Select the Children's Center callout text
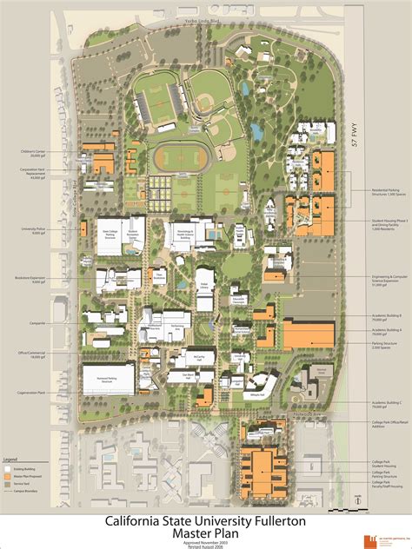[x=34, y=153]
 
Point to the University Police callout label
[x=32, y=231]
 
